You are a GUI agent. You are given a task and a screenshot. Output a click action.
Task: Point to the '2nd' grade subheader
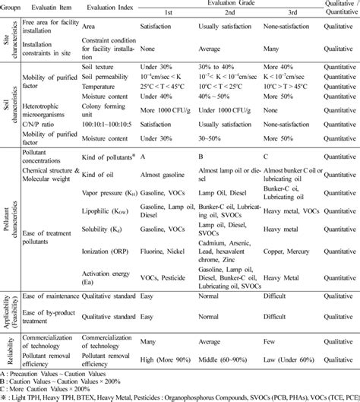coord(219,14)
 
